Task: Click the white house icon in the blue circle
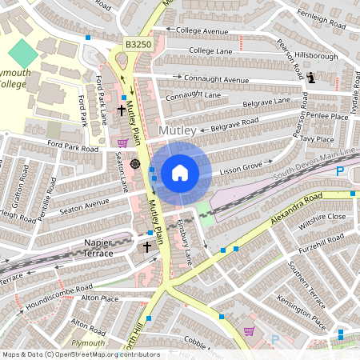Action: click(x=180, y=173)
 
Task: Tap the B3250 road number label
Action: click(x=137, y=47)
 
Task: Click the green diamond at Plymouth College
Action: click(x=23, y=55)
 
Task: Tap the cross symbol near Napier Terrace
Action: click(x=147, y=248)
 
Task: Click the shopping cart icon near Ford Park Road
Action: click(x=122, y=142)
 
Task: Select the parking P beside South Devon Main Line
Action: click(x=340, y=171)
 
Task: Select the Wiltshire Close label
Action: click(x=323, y=217)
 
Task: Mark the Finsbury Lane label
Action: click(x=185, y=243)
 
